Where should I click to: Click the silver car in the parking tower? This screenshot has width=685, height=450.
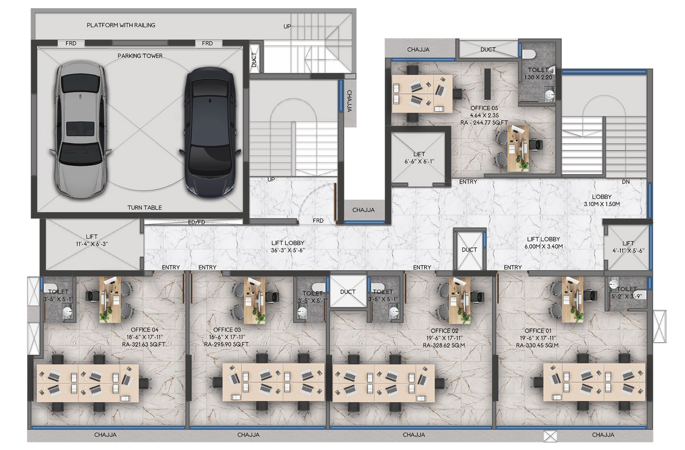(x=80, y=130)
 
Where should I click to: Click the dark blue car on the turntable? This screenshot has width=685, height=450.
(x=210, y=133)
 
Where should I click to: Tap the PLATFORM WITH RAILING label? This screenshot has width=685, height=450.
(x=121, y=25)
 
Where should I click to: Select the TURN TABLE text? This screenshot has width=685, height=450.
(x=144, y=207)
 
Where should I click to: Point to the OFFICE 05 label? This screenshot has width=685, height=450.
(x=484, y=108)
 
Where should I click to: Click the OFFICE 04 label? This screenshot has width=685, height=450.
(x=144, y=330)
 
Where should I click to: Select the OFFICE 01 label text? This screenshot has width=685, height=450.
(x=538, y=331)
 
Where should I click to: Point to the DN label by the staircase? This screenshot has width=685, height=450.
(x=626, y=181)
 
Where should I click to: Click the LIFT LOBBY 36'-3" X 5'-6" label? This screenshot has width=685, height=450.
(x=288, y=246)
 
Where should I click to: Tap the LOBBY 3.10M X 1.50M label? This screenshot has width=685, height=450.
(x=602, y=200)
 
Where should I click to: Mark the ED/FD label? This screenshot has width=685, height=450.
(x=197, y=222)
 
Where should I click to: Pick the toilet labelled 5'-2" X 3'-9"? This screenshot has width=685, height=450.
(x=627, y=293)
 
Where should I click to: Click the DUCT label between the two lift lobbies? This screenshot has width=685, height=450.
(x=469, y=250)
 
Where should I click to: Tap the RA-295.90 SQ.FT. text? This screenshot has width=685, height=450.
(x=227, y=344)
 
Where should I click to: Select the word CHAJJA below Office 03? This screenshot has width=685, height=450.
(x=248, y=434)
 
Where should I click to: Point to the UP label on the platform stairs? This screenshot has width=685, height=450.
(x=287, y=27)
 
